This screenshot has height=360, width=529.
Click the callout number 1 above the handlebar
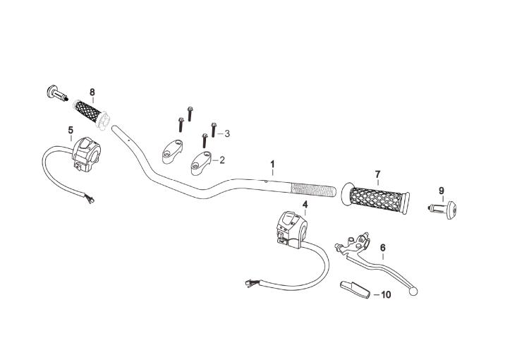[272, 164]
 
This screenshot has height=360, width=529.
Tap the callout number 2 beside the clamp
[222, 160]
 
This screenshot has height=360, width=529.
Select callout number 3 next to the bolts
[227, 133]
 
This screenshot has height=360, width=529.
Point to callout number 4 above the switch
[305, 204]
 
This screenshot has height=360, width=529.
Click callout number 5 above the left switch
[71, 130]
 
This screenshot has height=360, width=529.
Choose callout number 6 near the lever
[382, 248]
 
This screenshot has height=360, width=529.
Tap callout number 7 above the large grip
[377, 174]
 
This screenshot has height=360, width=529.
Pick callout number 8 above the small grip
[92, 92]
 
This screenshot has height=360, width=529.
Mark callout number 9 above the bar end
[442, 191]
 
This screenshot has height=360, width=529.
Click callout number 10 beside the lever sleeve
[386, 295]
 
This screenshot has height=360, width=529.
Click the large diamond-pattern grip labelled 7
[376, 198]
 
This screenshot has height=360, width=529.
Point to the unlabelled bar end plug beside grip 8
[56, 92]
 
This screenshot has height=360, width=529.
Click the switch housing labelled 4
[291, 229]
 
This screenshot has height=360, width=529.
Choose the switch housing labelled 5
[87, 154]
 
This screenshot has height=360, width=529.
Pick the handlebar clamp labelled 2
[202, 163]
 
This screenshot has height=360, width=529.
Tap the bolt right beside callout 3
[213, 130]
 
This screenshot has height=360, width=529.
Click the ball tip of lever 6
[413, 291]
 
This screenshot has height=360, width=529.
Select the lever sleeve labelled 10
[355, 289]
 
